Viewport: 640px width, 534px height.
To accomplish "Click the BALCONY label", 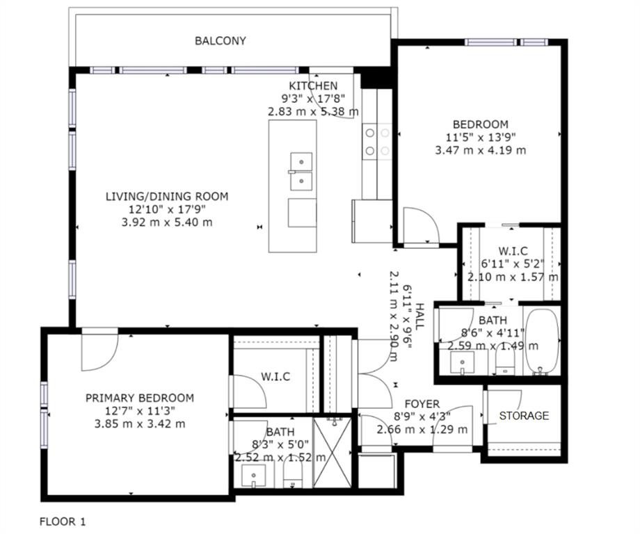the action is pyautogui.click(x=221, y=41).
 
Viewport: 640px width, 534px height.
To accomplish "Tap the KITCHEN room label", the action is pyautogui.click(x=314, y=86).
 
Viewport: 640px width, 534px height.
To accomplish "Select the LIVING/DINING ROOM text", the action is pyautogui.click(x=167, y=197).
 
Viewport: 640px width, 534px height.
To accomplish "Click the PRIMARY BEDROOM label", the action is pyautogui.click(x=140, y=398).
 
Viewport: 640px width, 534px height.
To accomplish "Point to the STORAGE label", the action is pyautogui.click(x=524, y=416).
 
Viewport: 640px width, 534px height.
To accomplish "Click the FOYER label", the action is pyautogui.click(x=422, y=404).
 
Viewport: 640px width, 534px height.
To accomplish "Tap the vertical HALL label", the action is pyautogui.click(x=419, y=316).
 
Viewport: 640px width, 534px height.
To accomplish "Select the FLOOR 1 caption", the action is pyautogui.click(x=63, y=521).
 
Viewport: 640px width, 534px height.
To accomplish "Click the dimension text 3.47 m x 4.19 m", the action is pyautogui.click(x=481, y=150).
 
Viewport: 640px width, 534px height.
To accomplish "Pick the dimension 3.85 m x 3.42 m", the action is pyautogui.click(x=140, y=424).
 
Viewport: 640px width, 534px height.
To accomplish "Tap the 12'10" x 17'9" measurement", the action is pyautogui.click(x=167, y=210).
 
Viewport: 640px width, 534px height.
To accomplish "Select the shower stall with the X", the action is pyautogui.click(x=332, y=452).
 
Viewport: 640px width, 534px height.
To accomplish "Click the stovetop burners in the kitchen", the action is pyautogui.click(x=377, y=142).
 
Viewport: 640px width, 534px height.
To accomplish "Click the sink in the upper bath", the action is pyautogui.click(x=462, y=362).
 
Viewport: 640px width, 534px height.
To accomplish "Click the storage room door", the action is pyautogui.click(x=502, y=407).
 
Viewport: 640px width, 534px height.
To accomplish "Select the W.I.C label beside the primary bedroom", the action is pyautogui.click(x=275, y=377).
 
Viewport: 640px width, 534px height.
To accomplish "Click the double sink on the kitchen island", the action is pyautogui.click(x=301, y=171).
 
